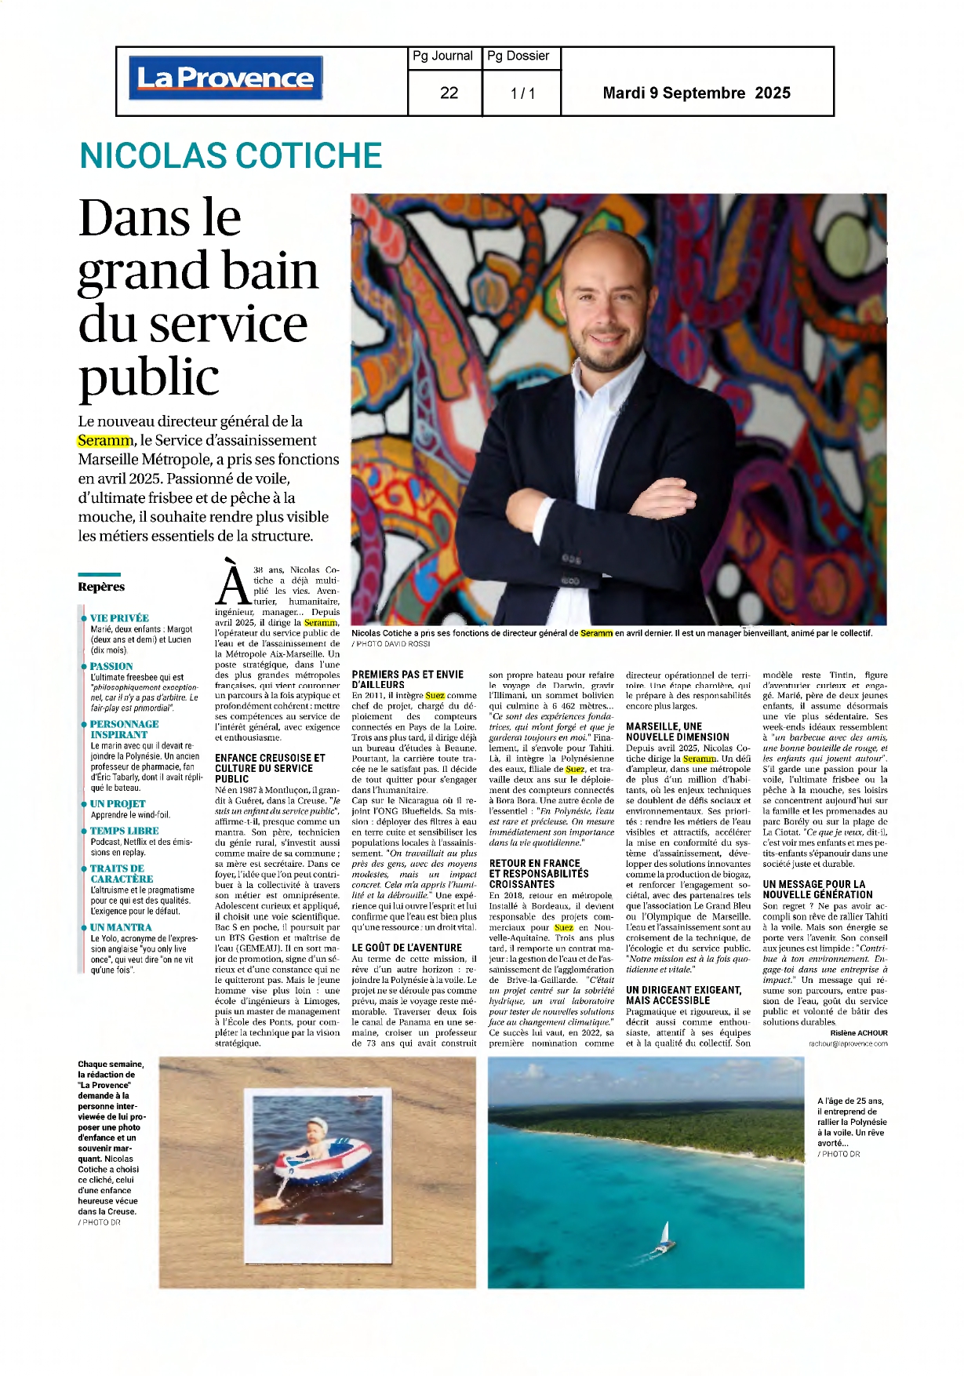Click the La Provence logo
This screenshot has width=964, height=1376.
(x=225, y=78)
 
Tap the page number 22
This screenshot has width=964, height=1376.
(x=449, y=93)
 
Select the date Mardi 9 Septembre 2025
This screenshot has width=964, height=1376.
(x=697, y=93)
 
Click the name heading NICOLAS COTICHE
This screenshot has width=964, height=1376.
(x=231, y=155)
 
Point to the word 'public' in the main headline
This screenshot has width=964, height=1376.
(x=149, y=377)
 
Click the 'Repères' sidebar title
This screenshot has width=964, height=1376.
(x=101, y=587)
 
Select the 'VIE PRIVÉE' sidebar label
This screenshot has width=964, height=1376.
(x=119, y=618)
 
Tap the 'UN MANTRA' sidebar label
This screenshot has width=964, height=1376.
(x=121, y=927)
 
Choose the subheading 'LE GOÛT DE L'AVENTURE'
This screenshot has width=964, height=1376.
(x=406, y=948)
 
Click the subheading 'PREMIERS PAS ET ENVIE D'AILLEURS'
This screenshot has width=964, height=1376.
(x=407, y=679)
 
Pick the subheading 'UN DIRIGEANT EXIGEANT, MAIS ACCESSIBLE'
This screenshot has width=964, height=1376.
(x=683, y=996)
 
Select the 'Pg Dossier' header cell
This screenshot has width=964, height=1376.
(x=518, y=56)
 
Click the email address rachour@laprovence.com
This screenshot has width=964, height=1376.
(x=848, y=1044)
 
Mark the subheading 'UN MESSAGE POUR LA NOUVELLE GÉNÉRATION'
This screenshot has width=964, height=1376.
(x=817, y=889)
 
